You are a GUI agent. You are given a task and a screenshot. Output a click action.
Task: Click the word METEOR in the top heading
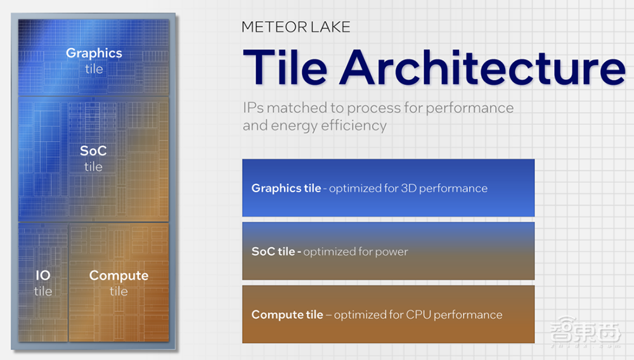point(275,27)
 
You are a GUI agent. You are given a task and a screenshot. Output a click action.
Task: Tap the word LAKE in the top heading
point(331,27)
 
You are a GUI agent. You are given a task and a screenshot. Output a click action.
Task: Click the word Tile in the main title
point(285,67)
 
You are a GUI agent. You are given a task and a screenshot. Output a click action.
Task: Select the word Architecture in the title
point(482,67)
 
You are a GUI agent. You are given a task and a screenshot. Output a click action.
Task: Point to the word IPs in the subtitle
point(253,108)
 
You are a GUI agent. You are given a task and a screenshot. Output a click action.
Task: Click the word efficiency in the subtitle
point(354,125)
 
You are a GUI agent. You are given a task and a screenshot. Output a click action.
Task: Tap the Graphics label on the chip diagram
point(94,53)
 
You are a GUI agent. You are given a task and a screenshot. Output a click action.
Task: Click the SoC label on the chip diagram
point(93,151)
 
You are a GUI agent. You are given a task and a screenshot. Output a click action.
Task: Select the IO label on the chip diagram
point(43,275)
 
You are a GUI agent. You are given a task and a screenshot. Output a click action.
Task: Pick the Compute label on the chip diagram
point(119,276)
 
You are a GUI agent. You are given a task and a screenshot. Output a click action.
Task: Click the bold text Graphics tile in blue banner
point(287,188)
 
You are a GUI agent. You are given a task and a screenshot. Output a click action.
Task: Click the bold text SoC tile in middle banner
point(273,252)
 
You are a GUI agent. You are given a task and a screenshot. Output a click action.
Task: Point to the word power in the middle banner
point(391,252)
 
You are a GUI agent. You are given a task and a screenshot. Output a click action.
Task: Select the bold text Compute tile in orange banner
point(287,315)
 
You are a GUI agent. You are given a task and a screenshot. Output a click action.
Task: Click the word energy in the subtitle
point(294,126)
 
